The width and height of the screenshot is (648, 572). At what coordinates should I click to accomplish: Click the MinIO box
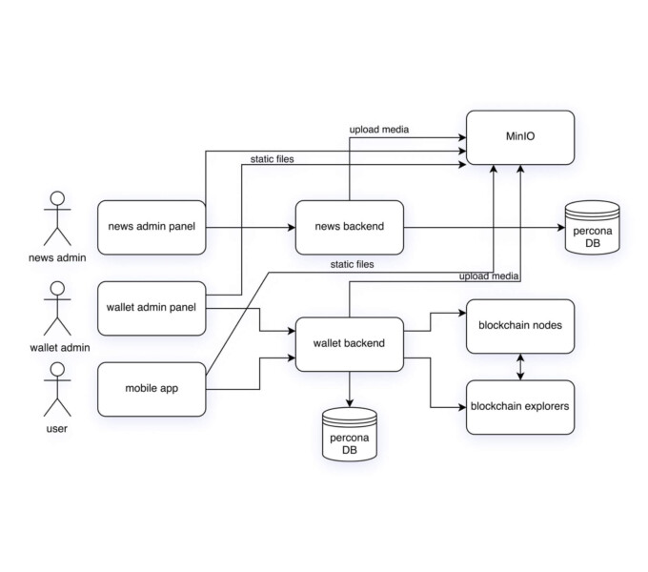click(520, 137)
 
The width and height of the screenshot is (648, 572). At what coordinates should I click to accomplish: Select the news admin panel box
click(152, 227)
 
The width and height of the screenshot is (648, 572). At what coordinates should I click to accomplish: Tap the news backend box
click(350, 227)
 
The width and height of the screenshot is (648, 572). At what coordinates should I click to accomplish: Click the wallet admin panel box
click(152, 308)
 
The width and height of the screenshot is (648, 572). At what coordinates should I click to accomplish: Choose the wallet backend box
click(350, 342)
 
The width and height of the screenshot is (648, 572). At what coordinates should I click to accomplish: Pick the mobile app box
click(152, 388)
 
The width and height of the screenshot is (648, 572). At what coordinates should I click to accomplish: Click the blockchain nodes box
click(520, 325)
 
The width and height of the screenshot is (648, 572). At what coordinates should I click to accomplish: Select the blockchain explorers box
click(520, 406)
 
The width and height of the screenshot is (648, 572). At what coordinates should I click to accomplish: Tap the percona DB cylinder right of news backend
click(591, 228)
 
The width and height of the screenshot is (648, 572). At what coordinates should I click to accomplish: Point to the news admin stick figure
click(57, 219)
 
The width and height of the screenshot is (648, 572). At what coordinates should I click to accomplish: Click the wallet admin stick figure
click(57, 307)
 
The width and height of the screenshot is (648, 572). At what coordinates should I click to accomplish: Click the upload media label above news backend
click(380, 130)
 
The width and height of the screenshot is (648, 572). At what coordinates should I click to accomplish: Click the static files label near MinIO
click(272, 158)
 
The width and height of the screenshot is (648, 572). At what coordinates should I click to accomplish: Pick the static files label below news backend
click(352, 264)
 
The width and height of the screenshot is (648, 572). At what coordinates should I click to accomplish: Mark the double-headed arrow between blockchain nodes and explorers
click(520, 366)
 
